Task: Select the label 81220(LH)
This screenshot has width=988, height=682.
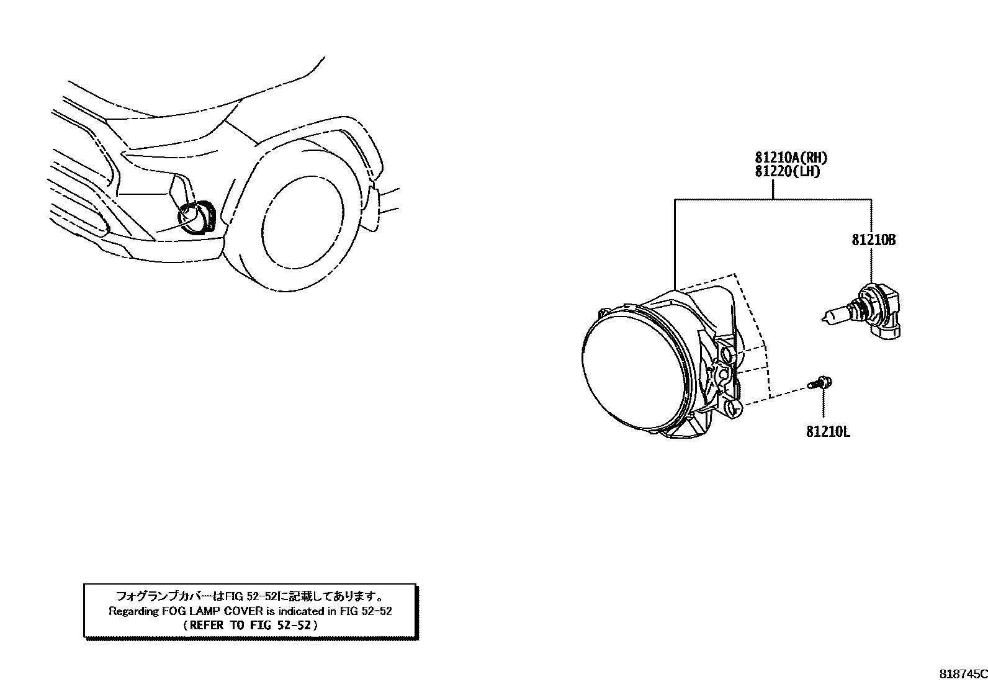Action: coord(787,172)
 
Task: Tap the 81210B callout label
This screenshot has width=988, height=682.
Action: coord(873,240)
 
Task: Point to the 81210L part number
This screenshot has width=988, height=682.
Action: coord(828,431)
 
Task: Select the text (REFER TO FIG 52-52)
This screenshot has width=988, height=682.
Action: coord(250,626)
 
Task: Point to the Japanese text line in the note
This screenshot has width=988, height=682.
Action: coord(250,596)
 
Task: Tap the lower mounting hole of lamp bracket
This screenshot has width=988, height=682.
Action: coord(732,408)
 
